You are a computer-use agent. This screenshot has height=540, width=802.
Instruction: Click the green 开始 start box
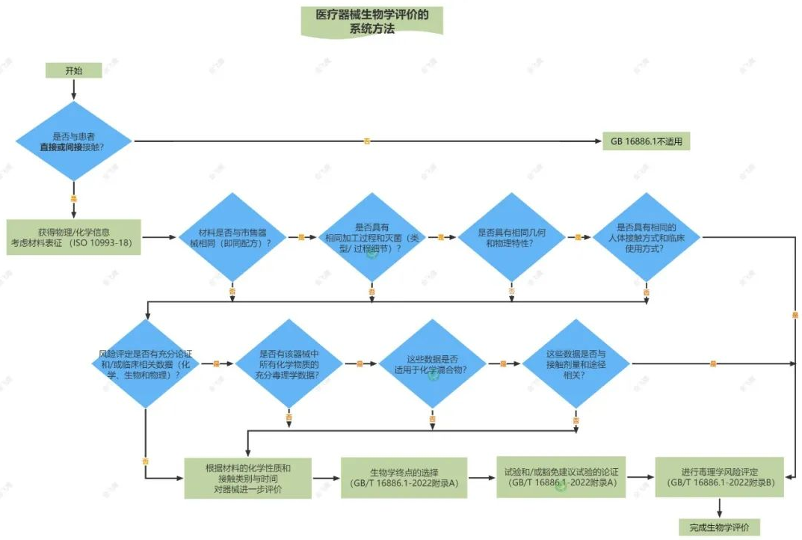click(x=73, y=70)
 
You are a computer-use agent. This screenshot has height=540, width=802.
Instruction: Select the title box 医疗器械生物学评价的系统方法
click(x=371, y=21)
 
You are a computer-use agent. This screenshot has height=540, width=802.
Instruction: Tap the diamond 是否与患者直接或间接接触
click(x=74, y=141)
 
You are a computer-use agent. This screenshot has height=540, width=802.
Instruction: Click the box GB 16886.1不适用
click(x=646, y=141)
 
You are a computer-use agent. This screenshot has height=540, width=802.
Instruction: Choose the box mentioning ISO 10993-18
click(x=73, y=237)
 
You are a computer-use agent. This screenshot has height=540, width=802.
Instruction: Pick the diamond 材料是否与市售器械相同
click(x=233, y=237)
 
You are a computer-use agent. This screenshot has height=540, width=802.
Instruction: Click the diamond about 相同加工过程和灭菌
click(x=372, y=237)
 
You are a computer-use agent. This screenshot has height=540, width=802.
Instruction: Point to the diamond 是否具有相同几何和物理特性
click(x=510, y=237)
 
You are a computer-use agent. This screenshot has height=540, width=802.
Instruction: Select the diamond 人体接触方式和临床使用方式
click(x=647, y=237)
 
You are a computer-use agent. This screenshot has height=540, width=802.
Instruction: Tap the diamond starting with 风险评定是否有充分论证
click(x=144, y=363)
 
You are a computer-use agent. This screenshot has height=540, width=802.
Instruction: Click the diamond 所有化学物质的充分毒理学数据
click(x=289, y=363)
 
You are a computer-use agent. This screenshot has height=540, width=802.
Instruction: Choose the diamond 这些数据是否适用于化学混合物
click(x=433, y=363)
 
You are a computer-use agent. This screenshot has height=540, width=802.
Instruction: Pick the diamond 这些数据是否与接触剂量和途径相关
click(x=576, y=363)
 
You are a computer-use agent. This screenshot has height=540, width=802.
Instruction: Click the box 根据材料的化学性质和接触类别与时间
click(x=248, y=477)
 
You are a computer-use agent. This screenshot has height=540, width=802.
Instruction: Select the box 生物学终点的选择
click(x=404, y=477)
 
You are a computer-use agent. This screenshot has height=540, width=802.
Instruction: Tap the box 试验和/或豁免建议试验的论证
click(x=561, y=477)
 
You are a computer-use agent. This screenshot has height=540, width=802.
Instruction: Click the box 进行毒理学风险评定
click(x=719, y=477)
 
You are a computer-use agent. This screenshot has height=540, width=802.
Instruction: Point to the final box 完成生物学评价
click(x=719, y=527)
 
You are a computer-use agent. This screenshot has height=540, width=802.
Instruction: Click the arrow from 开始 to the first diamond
click(x=73, y=90)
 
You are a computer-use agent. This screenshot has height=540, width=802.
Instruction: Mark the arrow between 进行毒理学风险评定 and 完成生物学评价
click(x=719, y=508)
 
